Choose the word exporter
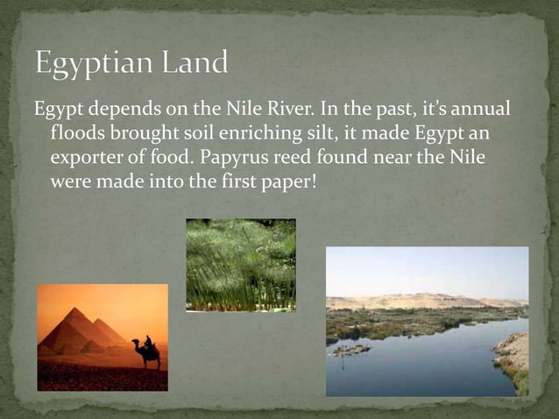[x=88, y=160]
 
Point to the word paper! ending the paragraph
[x=274, y=184]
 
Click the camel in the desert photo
[x=146, y=352]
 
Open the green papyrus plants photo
[x=240, y=265]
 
